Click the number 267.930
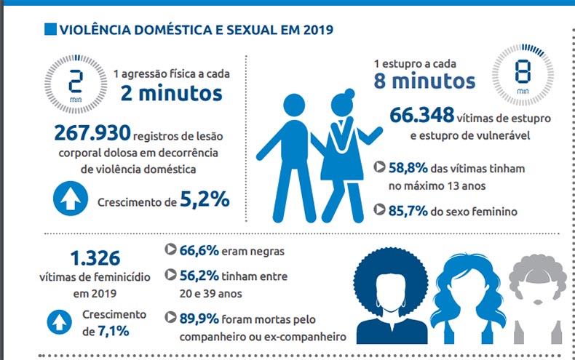[92, 133]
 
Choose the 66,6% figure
[199, 251]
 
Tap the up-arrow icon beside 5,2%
[71, 200]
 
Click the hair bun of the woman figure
[348, 92]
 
